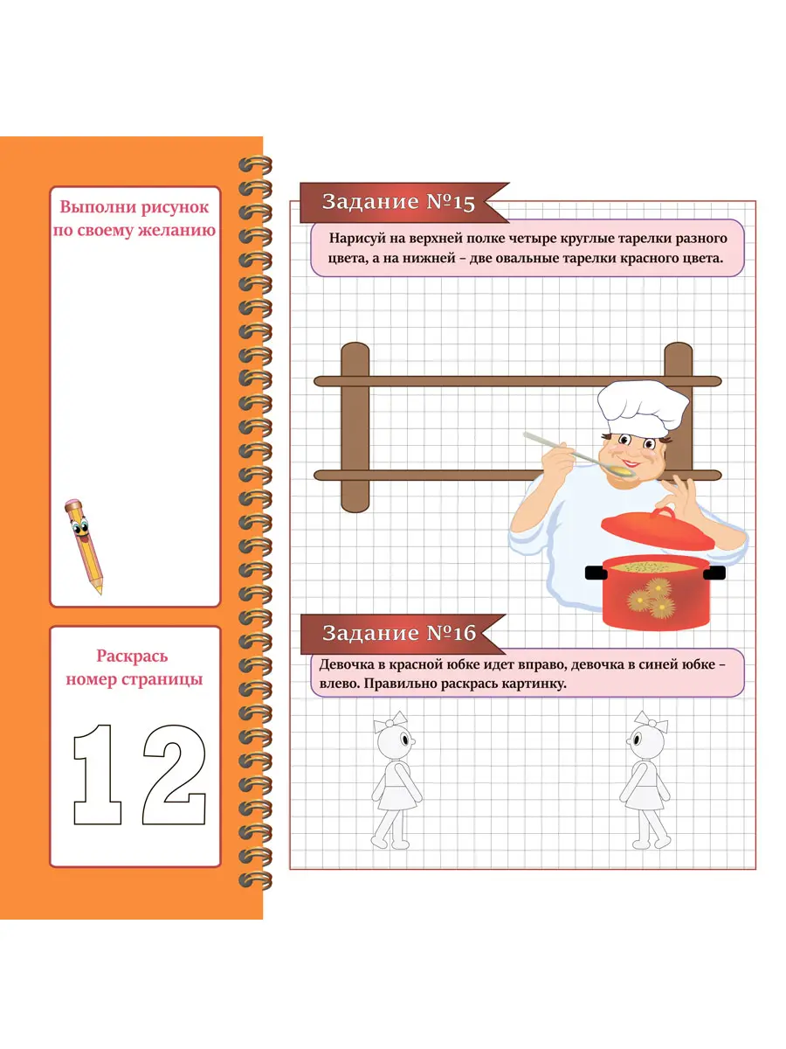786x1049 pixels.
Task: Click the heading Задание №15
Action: [x=398, y=202]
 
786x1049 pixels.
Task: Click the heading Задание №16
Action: [x=399, y=633]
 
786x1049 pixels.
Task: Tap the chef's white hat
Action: [x=642, y=408]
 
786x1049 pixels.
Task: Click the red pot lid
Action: [x=658, y=529]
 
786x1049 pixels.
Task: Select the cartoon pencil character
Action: [x=84, y=546]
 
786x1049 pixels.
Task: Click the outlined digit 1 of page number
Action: [x=98, y=775]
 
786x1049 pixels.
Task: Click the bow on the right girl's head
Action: [x=651, y=721]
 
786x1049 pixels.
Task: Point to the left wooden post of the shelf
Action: [x=355, y=427]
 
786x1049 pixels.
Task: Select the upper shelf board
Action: [x=518, y=381]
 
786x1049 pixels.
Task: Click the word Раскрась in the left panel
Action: [x=132, y=656]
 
